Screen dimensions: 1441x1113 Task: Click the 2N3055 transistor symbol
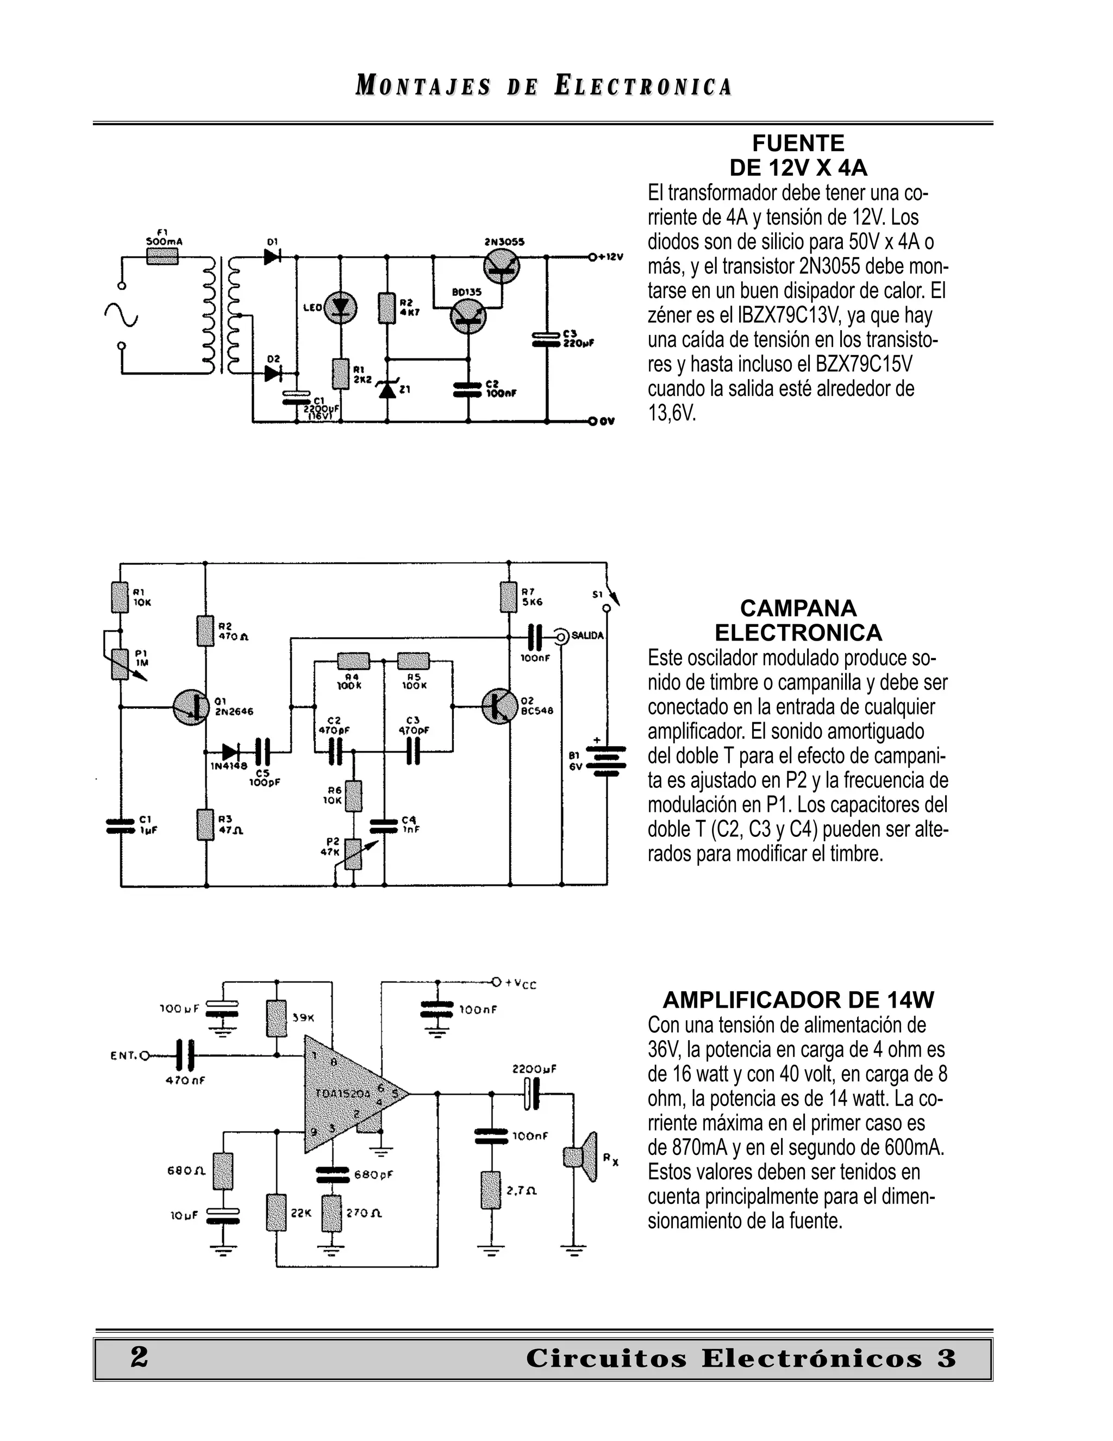point(501,267)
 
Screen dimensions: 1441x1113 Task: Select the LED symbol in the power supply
point(340,307)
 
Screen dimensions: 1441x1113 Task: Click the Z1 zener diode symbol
point(387,389)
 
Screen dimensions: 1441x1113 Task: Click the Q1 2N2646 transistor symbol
point(191,707)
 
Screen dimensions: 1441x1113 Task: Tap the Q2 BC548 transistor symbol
point(499,707)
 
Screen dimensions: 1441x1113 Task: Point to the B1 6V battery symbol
point(606,759)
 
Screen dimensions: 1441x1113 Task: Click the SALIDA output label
point(587,635)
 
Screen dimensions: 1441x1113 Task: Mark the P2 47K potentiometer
point(354,853)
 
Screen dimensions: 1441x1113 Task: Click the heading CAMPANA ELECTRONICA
point(798,620)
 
